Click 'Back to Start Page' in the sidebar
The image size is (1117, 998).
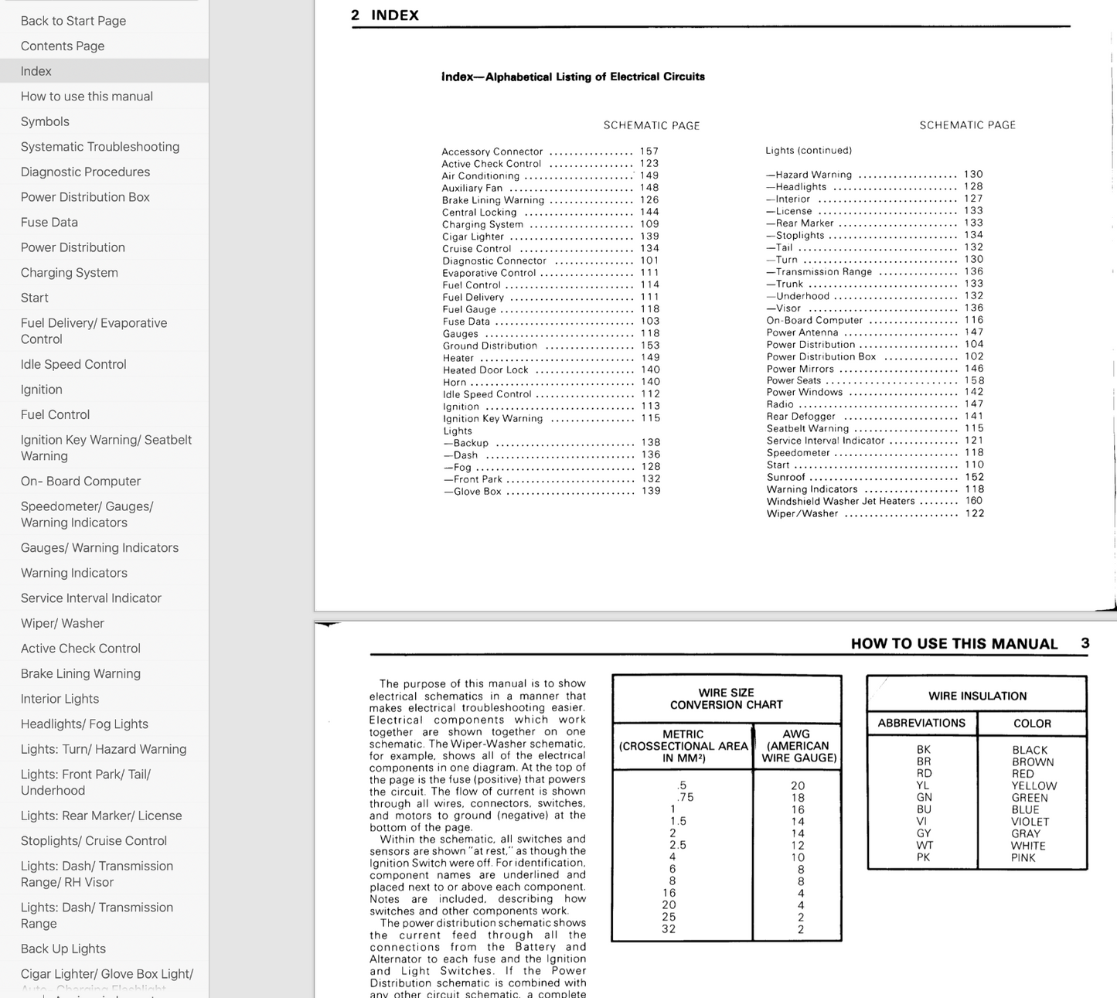click(x=73, y=21)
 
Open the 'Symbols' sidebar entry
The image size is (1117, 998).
click(x=45, y=121)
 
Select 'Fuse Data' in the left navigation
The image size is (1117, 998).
click(x=49, y=222)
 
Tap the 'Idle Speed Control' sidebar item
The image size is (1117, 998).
click(x=73, y=364)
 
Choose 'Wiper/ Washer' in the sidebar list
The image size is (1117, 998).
click(x=63, y=623)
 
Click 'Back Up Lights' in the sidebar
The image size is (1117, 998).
click(x=63, y=949)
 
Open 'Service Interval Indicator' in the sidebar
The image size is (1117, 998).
click(x=91, y=598)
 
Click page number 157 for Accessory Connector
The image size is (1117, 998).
click(x=649, y=152)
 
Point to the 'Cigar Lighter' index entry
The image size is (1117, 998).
click(x=473, y=237)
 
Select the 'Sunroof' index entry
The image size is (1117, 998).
click(x=786, y=477)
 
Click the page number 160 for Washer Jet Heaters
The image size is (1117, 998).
click(x=974, y=501)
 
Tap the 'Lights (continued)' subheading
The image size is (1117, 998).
click(x=809, y=151)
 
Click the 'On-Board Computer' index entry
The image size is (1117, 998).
click(x=815, y=320)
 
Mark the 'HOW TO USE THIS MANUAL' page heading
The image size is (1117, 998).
click(x=954, y=644)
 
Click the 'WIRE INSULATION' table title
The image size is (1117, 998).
click(x=977, y=696)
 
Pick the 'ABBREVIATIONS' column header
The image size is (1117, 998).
click(x=921, y=724)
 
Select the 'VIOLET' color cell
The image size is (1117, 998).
click(x=1030, y=822)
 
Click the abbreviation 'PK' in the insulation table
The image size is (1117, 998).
click(x=923, y=857)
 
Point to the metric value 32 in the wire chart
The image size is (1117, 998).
click(x=669, y=929)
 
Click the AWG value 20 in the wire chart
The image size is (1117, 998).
click(x=798, y=785)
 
